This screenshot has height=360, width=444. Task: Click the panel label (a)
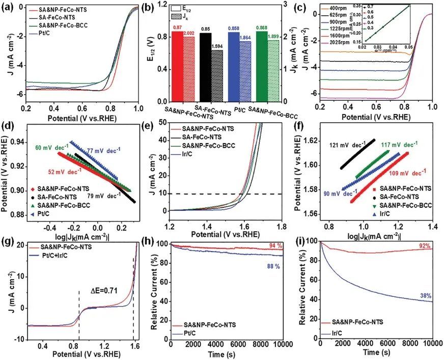[x=9, y=8]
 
